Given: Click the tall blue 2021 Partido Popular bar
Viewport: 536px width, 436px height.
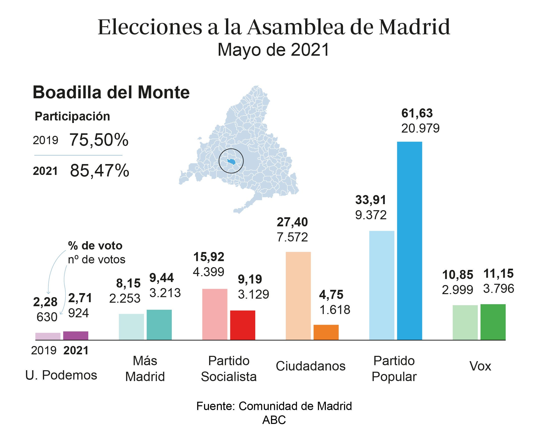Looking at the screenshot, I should (x=409, y=241).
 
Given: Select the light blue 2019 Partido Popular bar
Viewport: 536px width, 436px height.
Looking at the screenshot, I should (x=382, y=285).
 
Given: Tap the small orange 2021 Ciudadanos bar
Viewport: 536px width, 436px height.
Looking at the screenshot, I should (x=326, y=332).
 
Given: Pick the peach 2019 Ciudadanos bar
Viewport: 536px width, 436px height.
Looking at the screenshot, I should (x=298, y=296).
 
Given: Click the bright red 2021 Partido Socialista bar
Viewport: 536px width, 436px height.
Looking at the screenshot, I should (x=243, y=325).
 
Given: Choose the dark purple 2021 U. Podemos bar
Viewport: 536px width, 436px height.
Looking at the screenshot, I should (x=76, y=335).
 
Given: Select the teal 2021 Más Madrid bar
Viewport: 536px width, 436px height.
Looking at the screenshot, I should (x=159, y=325).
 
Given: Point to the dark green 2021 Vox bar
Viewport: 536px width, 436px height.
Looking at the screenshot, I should (x=493, y=322).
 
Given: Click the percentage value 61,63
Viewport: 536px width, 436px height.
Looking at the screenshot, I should (x=417, y=113).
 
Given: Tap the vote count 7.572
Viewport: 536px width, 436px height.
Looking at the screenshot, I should (x=292, y=237).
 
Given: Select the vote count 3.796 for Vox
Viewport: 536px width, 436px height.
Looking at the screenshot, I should (x=498, y=289).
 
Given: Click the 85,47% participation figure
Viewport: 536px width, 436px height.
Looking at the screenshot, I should (x=100, y=171).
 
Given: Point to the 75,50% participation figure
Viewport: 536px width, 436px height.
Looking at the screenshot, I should (x=99, y=140).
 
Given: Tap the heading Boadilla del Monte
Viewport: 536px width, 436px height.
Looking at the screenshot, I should (x=111, y=92).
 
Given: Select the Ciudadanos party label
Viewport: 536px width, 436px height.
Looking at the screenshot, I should (x=311, y=366).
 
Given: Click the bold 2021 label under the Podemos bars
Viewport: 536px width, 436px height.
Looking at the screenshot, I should (x=76, y=351).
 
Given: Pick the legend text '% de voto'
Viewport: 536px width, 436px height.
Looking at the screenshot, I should (x=95, y=245).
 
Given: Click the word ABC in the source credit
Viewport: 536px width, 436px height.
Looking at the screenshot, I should (x=274, y=420).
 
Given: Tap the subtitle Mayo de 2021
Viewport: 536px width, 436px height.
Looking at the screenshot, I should (x=273, y=50).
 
